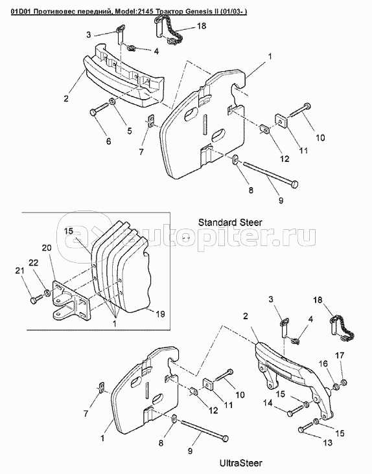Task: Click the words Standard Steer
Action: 230,223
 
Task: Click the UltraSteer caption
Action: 240,463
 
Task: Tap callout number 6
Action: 108,141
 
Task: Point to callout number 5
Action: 130,131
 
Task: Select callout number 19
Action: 160,314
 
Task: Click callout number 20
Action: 47,248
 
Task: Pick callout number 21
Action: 20,271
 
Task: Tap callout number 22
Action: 34,263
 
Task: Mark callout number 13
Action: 327,442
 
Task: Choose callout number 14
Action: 268,403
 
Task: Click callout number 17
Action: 340,356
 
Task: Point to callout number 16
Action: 323,363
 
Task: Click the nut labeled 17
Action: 343,383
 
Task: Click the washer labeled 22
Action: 47,293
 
